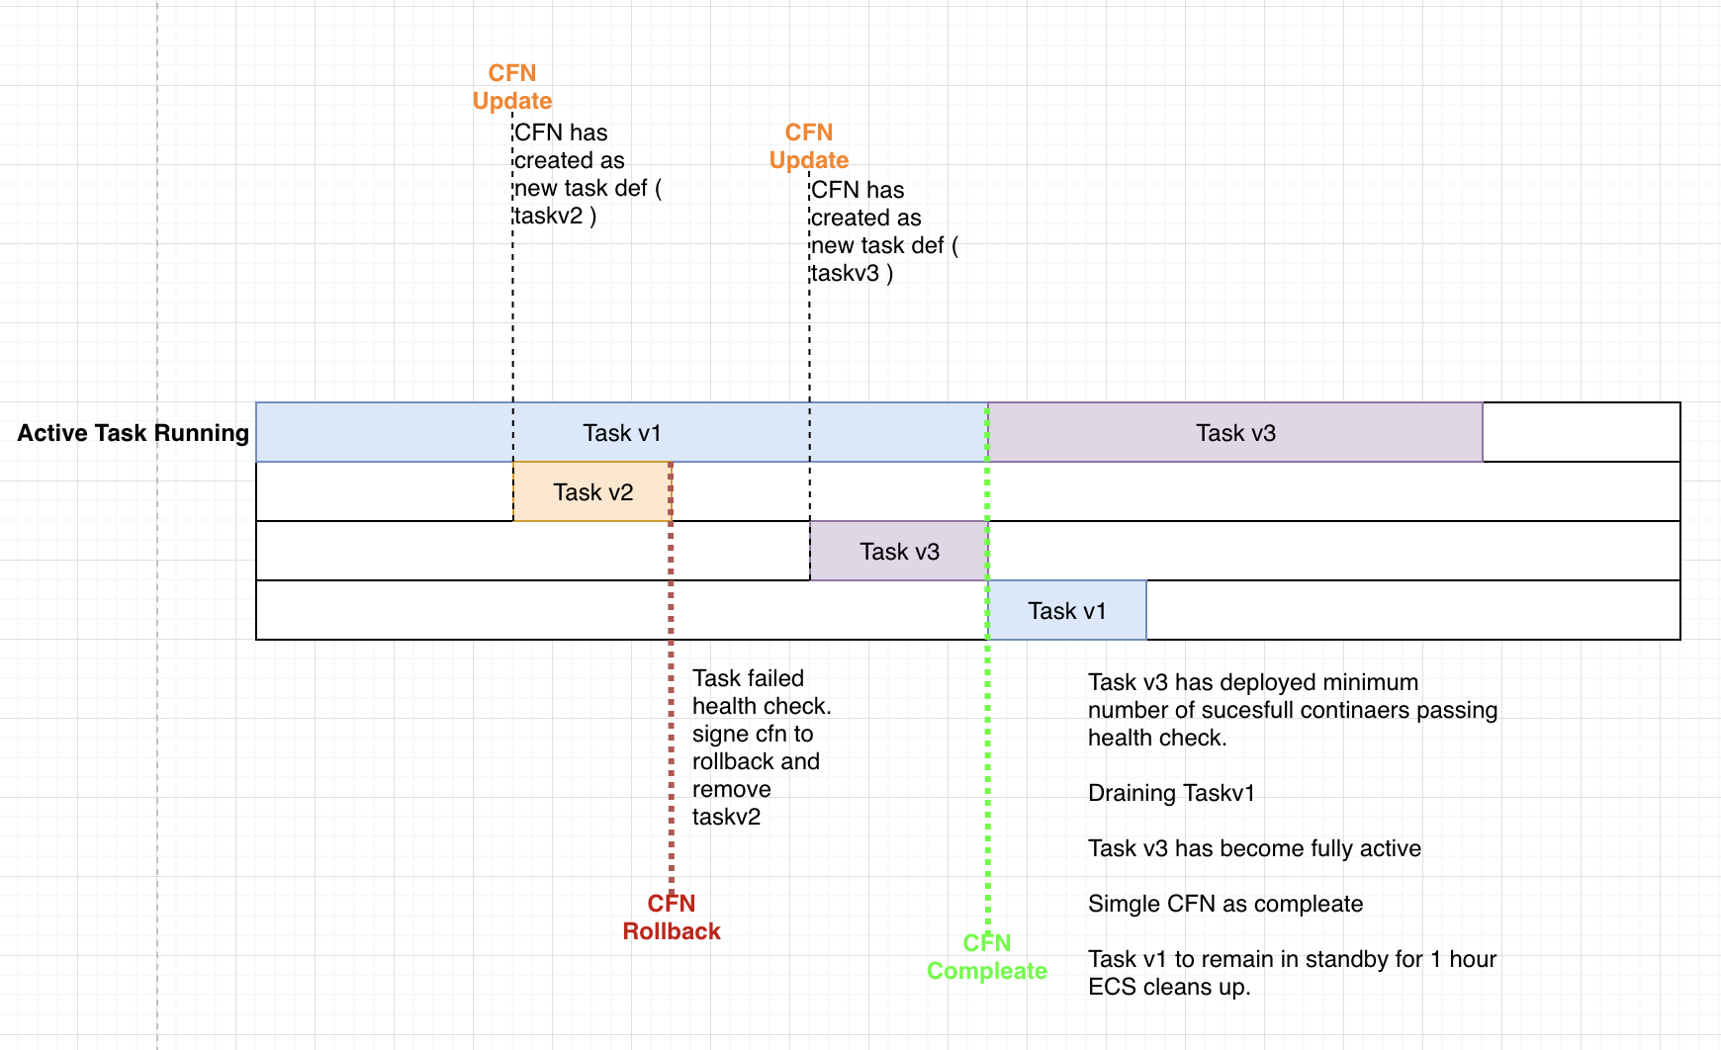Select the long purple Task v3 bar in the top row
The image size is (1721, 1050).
[x=1235, y=433]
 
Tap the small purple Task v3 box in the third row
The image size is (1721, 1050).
[x=898, y=552]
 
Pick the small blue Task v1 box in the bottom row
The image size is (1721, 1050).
[x=1066, y=611]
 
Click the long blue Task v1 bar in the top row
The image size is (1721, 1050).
[x=621, y=433]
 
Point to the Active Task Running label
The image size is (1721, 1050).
[x=133, y=433]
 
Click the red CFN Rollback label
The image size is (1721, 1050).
[x=672, y=918]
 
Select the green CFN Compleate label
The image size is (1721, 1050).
[x=986, y=957]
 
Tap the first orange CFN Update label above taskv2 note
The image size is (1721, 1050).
[x=512, y=87]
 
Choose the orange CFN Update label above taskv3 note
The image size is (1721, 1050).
[x=809, y=146]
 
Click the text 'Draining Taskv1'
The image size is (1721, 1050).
[x=1171, y=793]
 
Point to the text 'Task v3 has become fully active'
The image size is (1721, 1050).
[x=1254, y=848]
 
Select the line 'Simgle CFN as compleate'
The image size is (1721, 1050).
[x=1224, y=904]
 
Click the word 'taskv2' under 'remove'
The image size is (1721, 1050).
[x=726, y=817]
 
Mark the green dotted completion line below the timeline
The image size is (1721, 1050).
[x=987, y=791]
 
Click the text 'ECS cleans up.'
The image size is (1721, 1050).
[x=1168, y=987]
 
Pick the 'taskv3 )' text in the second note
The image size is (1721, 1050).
[x=852, y=273]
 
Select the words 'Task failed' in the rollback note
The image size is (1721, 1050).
[x=748, y=678]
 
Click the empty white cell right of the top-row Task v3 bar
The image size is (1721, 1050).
[x=1581, y=433]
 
